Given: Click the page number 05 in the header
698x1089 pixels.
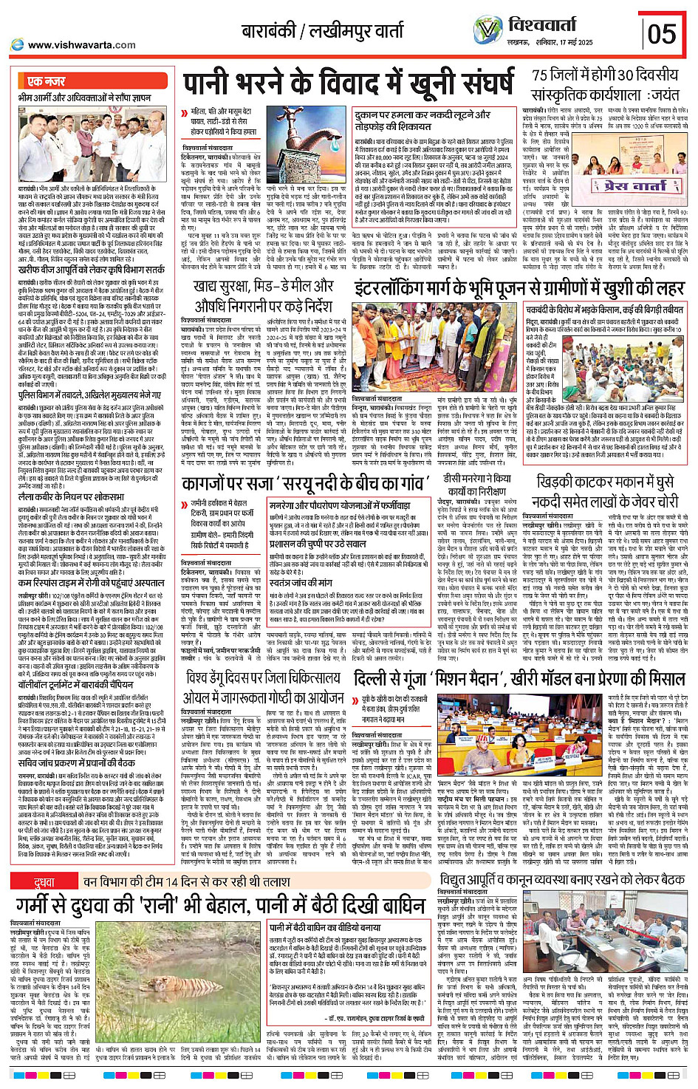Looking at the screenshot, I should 662,34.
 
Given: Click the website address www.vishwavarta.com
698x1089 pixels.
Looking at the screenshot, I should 81,45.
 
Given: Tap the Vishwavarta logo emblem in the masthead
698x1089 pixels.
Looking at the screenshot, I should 487,30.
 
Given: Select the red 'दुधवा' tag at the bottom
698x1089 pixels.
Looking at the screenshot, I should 43,875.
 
